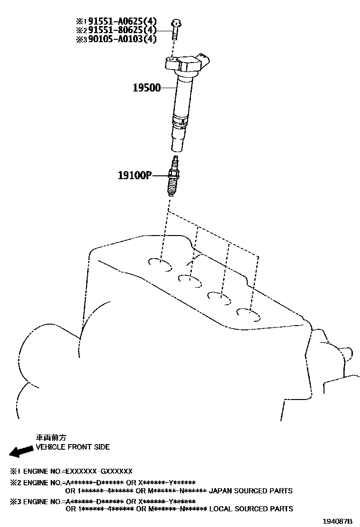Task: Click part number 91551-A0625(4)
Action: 120,21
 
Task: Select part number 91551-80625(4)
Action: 120,30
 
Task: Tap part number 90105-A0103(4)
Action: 120,39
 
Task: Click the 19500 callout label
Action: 147,88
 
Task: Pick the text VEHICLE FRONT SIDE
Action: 73,447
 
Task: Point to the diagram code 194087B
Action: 337,521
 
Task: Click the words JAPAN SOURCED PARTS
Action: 251,491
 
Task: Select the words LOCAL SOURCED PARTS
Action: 251,509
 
